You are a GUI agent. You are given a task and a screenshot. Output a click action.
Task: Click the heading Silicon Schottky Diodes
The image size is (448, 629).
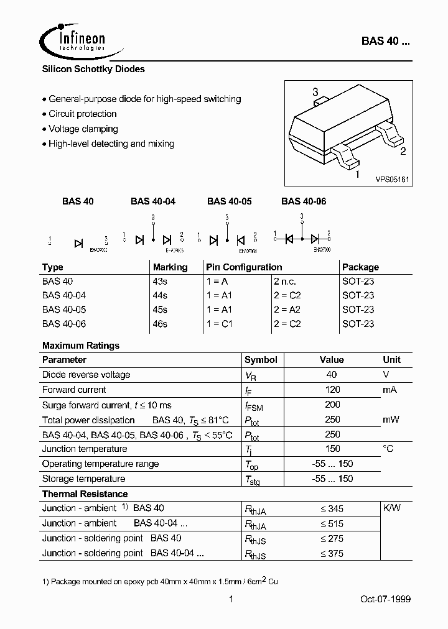pyautogui.click(x=93, y=70)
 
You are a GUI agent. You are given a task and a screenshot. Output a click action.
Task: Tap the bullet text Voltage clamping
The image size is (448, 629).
pyautogui.click(x=83, y=129)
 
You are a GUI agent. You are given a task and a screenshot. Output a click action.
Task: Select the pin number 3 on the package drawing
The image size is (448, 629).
pyautogui.click(x=315, y=92)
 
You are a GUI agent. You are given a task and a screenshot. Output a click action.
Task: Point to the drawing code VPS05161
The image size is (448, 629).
pyautogui.click(x=391, y=179)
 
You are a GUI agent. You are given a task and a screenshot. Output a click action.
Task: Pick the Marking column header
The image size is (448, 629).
pyautogui.click(x=170, y=267)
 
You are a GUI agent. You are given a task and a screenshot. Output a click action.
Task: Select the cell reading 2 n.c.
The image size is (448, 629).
pyautogui.click(x=287, y=282)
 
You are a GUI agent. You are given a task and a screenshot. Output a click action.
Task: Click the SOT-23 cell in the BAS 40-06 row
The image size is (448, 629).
pyautogui.click(x=358, y=324)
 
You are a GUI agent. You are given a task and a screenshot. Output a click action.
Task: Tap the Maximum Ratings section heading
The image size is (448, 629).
pyautogui.click(x=81, y=346)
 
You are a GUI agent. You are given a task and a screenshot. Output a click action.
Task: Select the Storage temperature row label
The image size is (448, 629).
pyautogui.click(x=83, y=479)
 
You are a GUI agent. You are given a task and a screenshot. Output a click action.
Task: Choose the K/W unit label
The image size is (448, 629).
pyautogui.click(x=391, y=508)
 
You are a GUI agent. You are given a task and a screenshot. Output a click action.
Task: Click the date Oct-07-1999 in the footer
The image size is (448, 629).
pyautogui.click(x=386, y=599)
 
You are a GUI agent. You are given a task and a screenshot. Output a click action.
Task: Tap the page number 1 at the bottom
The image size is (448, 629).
pyautogui.click(x=231, y=599)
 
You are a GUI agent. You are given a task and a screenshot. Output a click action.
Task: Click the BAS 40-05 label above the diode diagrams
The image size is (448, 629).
pyautogui.click(x=229, y=201)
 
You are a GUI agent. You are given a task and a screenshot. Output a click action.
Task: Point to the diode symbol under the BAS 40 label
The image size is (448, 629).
pyautogui.click(x=78, y=242)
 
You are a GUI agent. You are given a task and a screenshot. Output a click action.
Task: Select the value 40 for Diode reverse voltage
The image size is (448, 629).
pyautogui.click(x=332, y=375)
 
